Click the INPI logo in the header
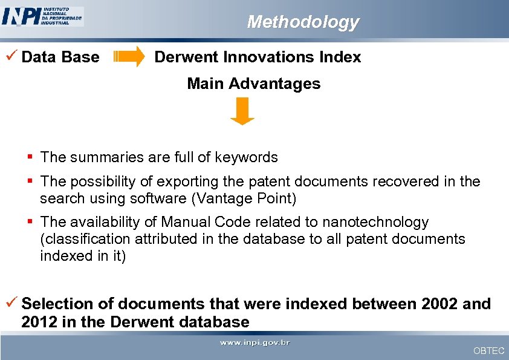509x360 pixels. (42, 16)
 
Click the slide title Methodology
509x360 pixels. (302, 22)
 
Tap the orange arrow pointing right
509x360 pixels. (129, 57)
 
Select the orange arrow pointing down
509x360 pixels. (242, 111)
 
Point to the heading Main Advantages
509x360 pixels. (253, 83)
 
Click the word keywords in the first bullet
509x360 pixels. (249, 157)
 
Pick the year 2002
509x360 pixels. (434, 304)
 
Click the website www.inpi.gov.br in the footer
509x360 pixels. (254, 343)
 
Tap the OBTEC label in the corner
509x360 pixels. (488, 351)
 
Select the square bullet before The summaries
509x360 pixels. (30, 157)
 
